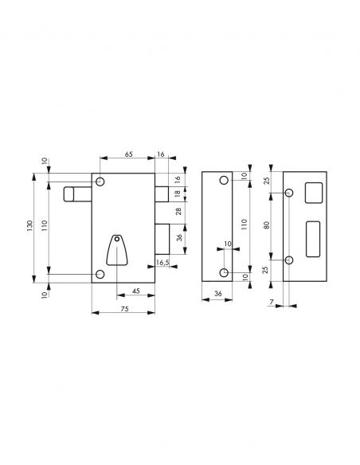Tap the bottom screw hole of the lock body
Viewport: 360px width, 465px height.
(x=100, y=274)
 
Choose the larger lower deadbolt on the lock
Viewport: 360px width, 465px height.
(x=162, y=237)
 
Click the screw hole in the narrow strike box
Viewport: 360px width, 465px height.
(x=225, y=274)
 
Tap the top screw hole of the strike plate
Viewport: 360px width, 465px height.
(x=290, y=192)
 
